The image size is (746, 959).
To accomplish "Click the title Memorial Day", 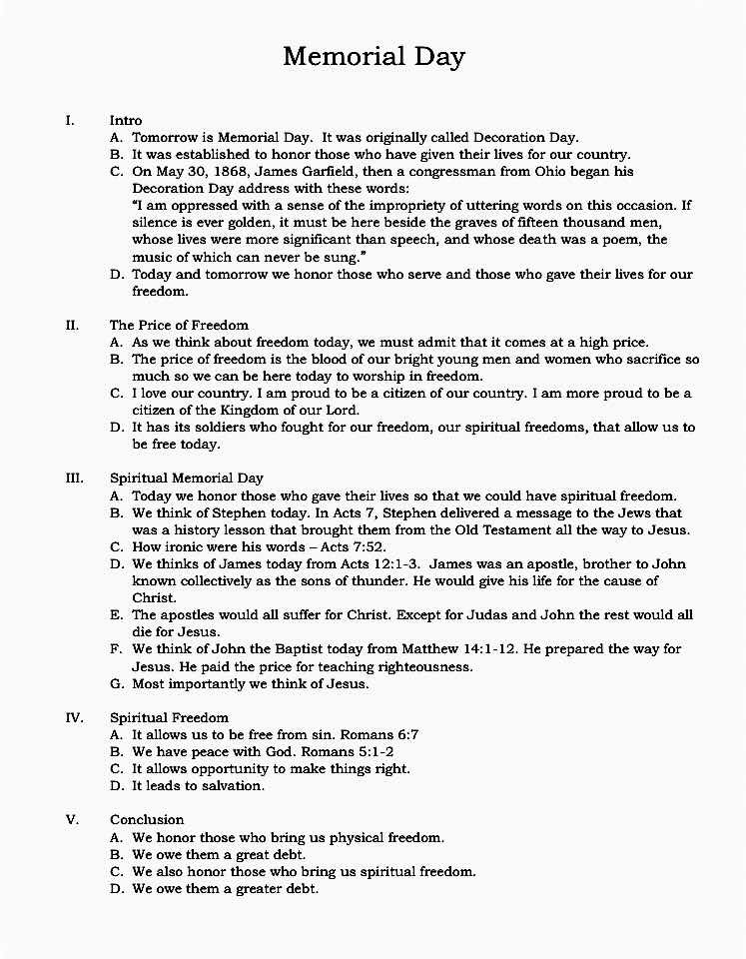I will click(x=373, y=56).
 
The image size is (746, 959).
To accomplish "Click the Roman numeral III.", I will click(x=74, y=479).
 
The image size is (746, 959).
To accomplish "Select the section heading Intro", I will click(x=126, y=121).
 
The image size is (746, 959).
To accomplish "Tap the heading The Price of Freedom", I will click(x=179, y=325).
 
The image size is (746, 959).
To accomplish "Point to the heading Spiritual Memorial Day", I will click(x=187, y=479).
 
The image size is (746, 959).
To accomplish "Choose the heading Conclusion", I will click(x=147, y=819).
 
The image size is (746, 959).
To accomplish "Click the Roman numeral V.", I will click(x=72, y=819).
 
